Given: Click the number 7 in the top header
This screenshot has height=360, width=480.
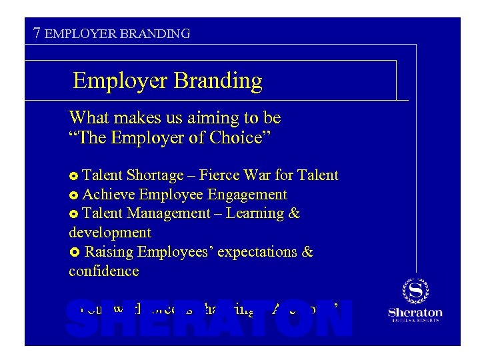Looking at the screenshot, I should pyautogui.click(x=38, y=32).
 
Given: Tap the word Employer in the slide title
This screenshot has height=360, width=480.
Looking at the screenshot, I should pyautogui.click(x=121, y=81).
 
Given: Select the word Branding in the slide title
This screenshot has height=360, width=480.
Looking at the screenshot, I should pyautogui.click(x=219, y=81).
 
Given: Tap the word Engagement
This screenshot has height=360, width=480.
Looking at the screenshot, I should pyautogui.click(x=247, y=195).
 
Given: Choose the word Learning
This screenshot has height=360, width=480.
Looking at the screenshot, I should pyautogui.click(x=256, y=214).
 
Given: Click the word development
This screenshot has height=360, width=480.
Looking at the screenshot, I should pyautogui.click(x=110, y=233).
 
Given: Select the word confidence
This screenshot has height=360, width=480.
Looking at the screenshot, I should pyautogui.click(x=104, y=271).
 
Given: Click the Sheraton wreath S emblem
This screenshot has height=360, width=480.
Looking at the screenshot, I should pyautogui.click(x=415, y=291).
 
